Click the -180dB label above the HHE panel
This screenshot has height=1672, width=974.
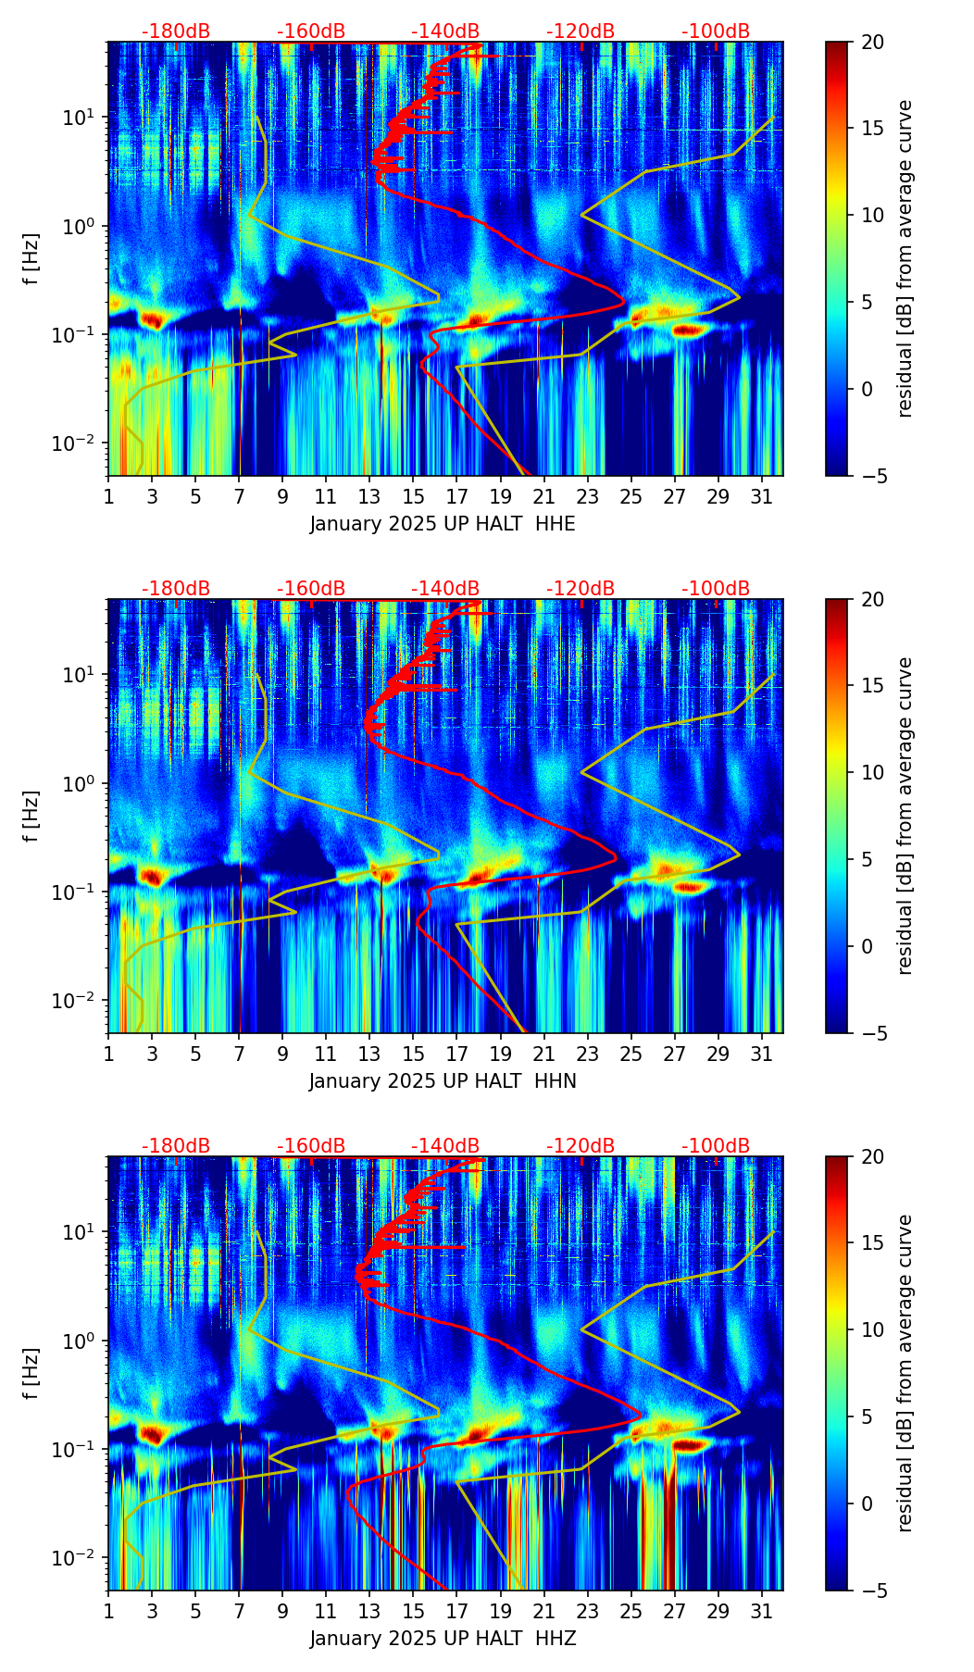176,31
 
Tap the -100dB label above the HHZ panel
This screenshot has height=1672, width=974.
716,1146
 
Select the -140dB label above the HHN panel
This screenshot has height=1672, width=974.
445,589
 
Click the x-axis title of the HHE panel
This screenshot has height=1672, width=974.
443,524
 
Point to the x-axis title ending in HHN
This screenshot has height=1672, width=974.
443,1081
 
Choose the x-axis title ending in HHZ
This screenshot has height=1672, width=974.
443,1639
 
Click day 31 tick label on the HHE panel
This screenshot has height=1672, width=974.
762,497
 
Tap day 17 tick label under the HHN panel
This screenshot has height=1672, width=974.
457,1054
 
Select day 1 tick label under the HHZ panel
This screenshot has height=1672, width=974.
108,1612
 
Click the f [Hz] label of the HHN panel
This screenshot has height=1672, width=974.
31,816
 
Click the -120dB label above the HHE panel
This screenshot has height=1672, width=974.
581,31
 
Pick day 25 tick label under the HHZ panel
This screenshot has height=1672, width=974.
631,1612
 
